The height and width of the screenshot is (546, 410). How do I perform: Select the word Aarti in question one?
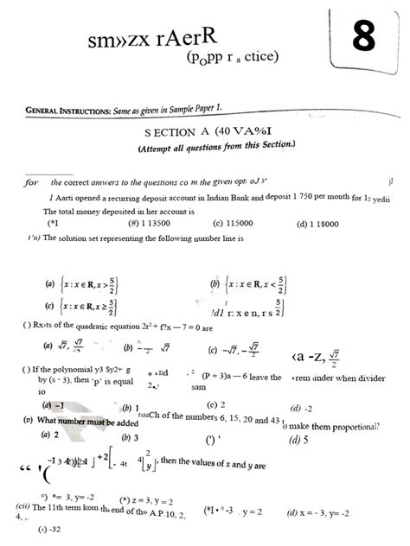[x=66, y=199]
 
